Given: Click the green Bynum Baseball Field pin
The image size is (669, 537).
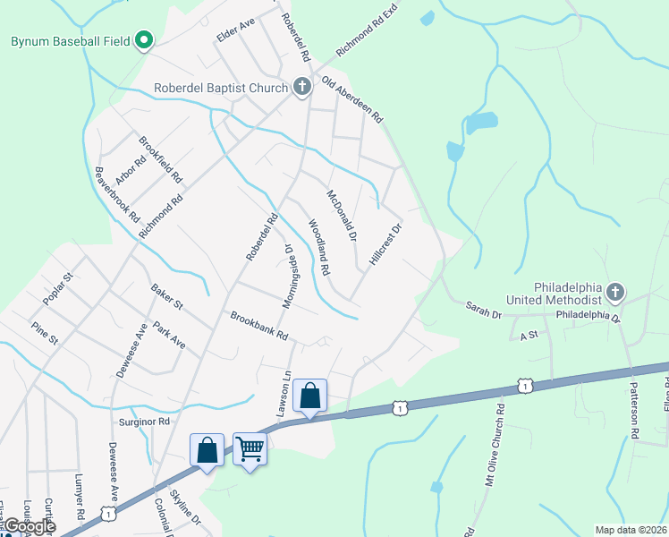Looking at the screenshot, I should [x=144, y=41].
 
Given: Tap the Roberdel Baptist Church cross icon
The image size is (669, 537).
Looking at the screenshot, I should [x=302, y=87].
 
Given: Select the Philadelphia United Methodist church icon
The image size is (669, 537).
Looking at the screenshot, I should [x=614, y=292].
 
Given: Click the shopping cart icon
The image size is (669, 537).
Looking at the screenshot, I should [x=250, y=447].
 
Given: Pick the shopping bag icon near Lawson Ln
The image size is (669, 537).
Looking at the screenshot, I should [x=309, y=394].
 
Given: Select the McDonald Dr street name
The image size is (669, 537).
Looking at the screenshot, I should [x=342, y=215].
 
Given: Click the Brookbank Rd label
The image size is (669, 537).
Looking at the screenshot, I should [x=258, y=325].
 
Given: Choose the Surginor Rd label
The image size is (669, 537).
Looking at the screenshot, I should [x=144, y=421].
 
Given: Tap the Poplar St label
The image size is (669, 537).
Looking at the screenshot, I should [x=55, y=285].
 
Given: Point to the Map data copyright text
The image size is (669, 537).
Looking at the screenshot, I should [x=631, y=530].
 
